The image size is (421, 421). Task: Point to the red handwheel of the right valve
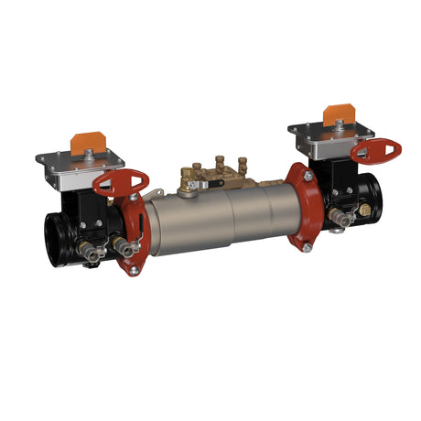[x=375, y=149]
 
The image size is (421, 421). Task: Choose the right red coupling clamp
[x=299, y=207]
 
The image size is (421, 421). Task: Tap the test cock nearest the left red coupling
[x=119, y=244]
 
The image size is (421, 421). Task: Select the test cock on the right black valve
[x=343, y=217]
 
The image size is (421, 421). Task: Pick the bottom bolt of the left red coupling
[x=134, y=270]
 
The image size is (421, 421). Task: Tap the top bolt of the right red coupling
[x=308, y=175]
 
